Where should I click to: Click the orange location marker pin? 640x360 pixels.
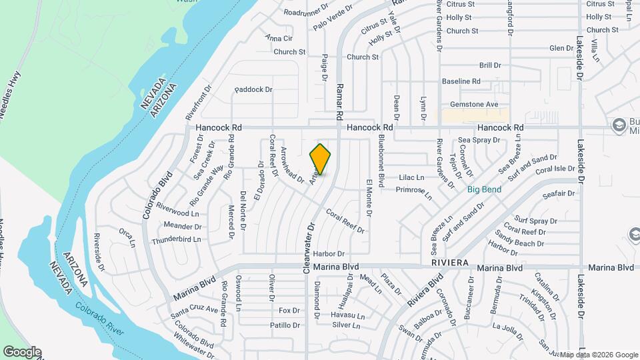(321, 159)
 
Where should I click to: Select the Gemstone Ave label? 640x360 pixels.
(474, 105)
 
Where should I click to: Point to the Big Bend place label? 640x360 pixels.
(484, 189)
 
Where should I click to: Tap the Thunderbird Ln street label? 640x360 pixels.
(176, 239)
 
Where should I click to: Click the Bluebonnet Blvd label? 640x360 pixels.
(381, 161)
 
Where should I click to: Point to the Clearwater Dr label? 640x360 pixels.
(307, 248)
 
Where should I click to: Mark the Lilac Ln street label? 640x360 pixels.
(411, 178)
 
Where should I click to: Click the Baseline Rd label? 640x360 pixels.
(461, 81)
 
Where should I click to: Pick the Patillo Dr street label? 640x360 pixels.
(285, 325)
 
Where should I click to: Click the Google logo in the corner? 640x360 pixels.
(21, 352)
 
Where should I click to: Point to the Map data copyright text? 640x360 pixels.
(598, 355)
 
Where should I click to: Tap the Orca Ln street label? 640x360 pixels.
(127, 237)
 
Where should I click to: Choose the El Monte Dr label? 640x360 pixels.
(368, 197)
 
